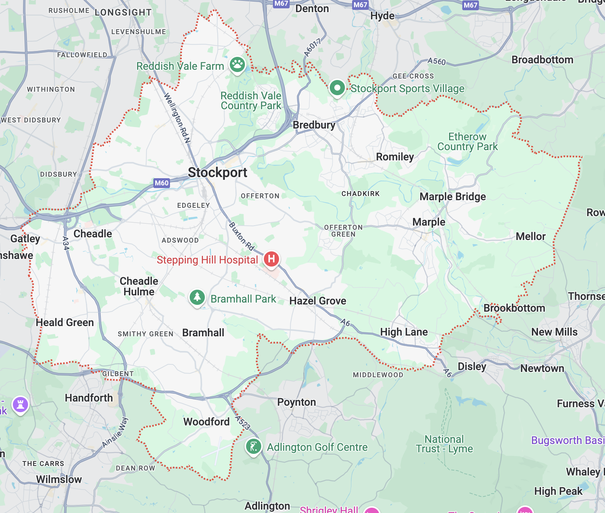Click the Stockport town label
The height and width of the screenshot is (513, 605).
(x=217, y=173)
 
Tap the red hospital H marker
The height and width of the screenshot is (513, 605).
(x=271, y=259)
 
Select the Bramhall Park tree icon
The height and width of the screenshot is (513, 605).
(x=197, y=297)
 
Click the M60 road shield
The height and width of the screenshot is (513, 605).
(x=162, y=183)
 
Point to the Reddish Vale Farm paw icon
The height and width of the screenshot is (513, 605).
(x=237, y=64)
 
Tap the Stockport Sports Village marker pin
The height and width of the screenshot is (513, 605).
(x=337, y=88)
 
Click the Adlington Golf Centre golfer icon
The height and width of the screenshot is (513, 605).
(x=253, y=446)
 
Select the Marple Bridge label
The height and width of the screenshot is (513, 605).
(x=452, y=197)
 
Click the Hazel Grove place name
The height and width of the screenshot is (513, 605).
(x=318, y=301)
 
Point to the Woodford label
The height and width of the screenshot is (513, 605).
(x=206, y=422)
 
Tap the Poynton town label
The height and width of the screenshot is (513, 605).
(x=296, y=402)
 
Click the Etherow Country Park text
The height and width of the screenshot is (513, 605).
(x=467, y=142)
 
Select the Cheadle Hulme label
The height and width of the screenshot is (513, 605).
(x=139, y=286)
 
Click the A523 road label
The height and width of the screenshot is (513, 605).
(x=242, y=423)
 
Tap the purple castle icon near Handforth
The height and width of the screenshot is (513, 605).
(x=20, y=405)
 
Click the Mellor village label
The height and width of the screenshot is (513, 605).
(x=530, y=237)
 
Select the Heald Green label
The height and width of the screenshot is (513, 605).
(x=65, y=323)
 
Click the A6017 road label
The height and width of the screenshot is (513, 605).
(x=312, y=48)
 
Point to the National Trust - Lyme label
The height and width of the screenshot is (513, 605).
(x=444, y=444)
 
